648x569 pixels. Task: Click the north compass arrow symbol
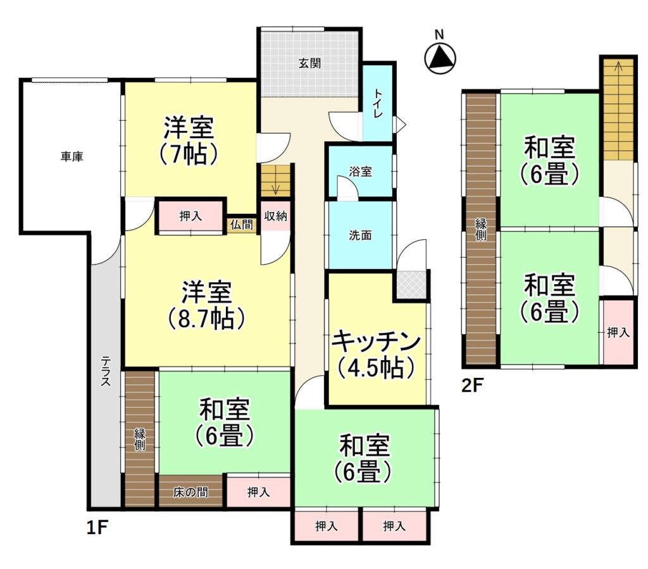pos(440,57)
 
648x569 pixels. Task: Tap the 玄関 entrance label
pos(309,63)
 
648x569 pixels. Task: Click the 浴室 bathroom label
pos(360,172)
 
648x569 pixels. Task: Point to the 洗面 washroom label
pos(360,235)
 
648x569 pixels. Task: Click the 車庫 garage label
pos(72,156)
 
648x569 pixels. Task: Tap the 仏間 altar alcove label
pos(242,225)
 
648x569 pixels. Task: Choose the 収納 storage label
pos(276,215)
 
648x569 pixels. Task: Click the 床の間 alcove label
pos(190,492)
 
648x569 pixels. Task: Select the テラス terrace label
pos(106,371)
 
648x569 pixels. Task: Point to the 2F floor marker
pos(472,385)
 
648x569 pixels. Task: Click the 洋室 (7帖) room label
pos(189,141)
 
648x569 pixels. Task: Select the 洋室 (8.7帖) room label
pos(207,305)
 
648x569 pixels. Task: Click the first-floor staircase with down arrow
pos(276,180)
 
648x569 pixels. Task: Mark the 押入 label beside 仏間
pos(190,215)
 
